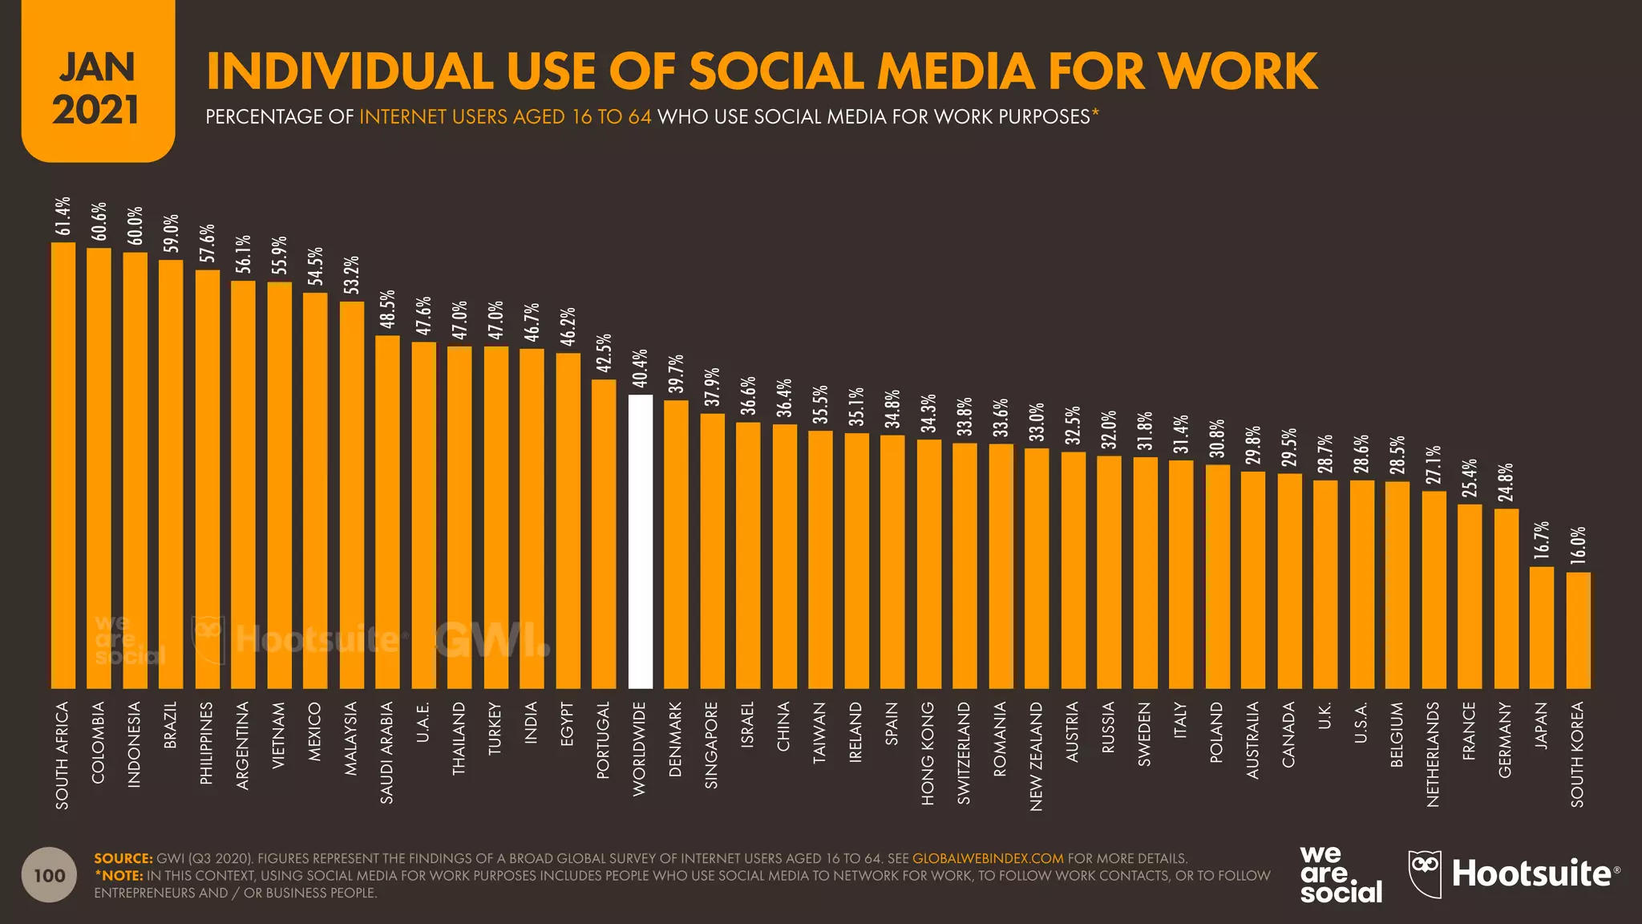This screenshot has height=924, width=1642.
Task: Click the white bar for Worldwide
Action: point(640,541)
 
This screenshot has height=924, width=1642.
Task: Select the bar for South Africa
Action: point(63,465)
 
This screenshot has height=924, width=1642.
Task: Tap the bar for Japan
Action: point(1542,627)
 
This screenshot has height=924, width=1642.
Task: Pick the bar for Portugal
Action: point(604,533)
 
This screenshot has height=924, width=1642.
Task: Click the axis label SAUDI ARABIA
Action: point(387,752)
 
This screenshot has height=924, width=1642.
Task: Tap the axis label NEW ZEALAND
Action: point(1036,756)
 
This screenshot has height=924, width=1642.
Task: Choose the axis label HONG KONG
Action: point(928,753)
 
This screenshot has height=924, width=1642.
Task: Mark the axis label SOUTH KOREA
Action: point(1577,754)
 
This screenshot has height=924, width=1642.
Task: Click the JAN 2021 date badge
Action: point(98,88)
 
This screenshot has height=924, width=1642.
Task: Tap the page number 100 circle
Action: point(50,875)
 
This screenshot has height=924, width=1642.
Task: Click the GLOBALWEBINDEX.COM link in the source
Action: point(987,858)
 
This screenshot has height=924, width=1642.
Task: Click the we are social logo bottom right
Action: point(1341,875)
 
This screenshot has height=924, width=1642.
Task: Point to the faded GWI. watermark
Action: point(491,639)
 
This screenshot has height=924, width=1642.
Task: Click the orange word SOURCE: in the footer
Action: point(123,858)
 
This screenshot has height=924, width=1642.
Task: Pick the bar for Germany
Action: point(1506,598)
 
